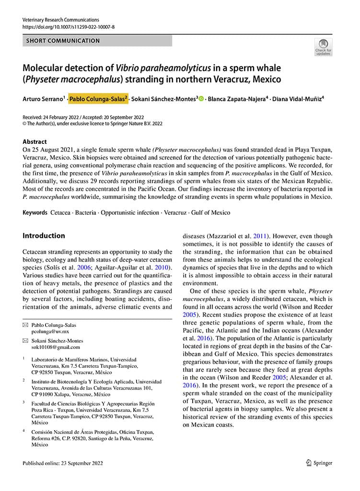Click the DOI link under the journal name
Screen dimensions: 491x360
click(69, 27)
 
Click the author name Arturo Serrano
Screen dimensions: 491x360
click(43, 99)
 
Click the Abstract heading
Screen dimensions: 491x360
click(35, 142)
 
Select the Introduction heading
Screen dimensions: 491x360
click(44, 235)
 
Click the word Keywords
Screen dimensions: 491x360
click(35, 212)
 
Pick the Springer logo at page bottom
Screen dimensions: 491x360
click(318, 463)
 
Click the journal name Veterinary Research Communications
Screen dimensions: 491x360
click(61, 20)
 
